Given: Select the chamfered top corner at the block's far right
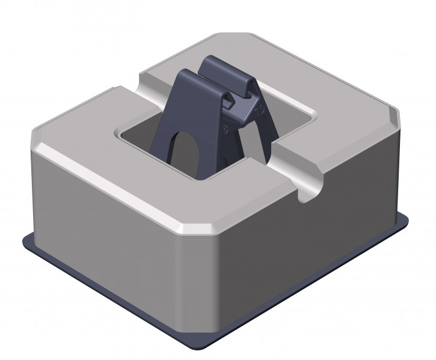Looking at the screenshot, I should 394,114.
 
